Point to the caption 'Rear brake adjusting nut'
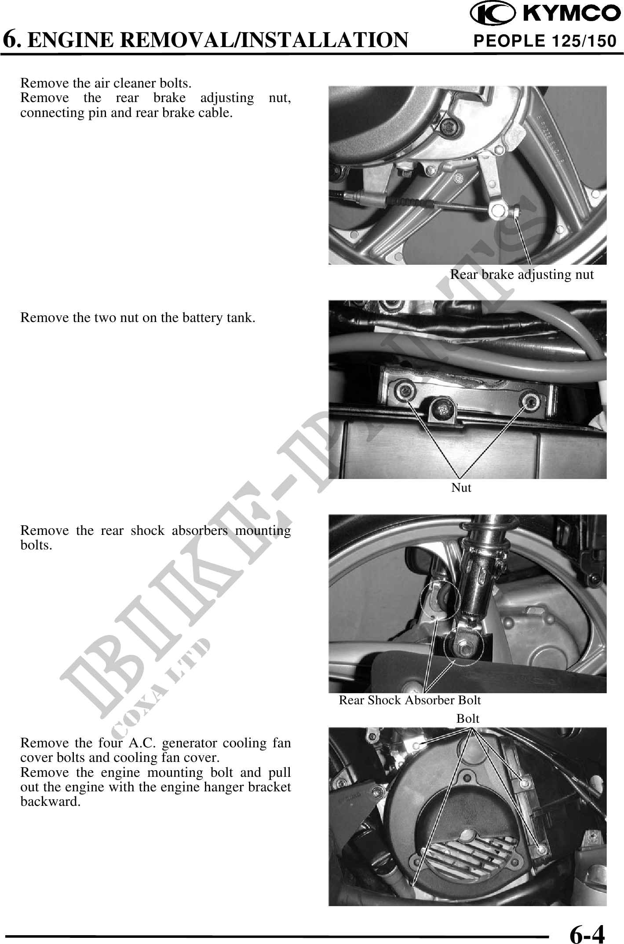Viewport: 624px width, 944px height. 522,274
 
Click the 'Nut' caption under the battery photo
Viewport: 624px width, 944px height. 461,487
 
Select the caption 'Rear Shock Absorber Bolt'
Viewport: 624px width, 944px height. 409,700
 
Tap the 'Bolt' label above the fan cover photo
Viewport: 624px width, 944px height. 467,719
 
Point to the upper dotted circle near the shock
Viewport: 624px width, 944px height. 440,600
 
